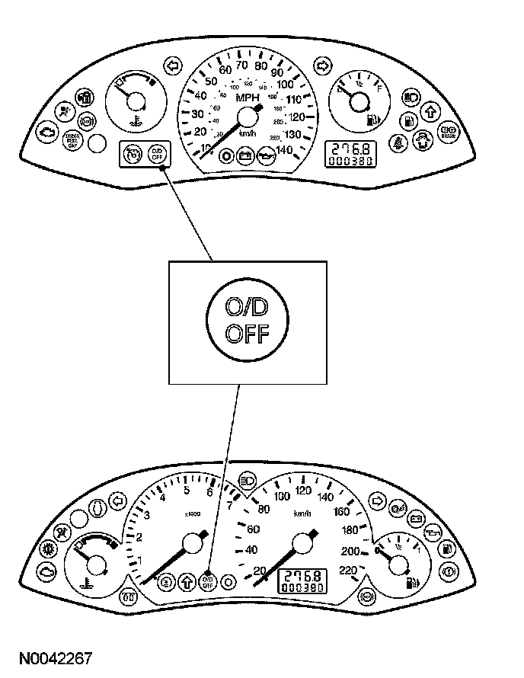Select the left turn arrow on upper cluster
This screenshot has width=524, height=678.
point(173,65)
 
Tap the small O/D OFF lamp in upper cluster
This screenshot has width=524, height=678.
point(156,155)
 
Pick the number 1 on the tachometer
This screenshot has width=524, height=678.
point(139,561)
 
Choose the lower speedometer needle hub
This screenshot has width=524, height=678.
point(303,543)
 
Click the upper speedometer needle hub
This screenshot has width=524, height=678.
point(248,117)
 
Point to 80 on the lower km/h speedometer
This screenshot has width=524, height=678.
point(265,510)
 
